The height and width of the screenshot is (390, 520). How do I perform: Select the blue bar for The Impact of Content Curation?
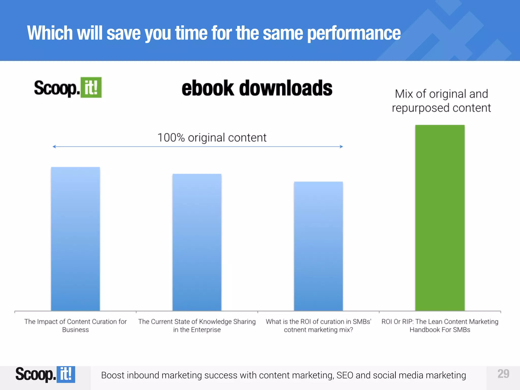point(75,239)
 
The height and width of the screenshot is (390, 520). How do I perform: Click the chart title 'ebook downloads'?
point(257,88)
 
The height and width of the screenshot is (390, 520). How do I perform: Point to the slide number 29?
point(503,374)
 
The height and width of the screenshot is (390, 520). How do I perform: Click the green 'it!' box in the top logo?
point(91,88)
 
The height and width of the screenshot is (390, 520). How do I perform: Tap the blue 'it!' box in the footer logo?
point(66,374)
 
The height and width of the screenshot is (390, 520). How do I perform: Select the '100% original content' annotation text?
point(212,138)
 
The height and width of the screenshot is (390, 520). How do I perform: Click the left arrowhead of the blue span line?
point(54,147)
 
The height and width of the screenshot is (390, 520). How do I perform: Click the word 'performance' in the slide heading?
point(354,33)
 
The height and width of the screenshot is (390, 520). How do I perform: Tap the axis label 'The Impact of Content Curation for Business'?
point(75,326)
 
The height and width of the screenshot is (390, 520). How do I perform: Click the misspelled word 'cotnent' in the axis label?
point(294,330)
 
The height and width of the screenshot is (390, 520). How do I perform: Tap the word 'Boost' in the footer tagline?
point(112,375)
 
